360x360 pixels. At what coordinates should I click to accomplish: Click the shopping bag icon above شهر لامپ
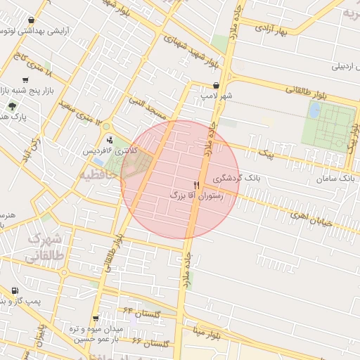pyautogui.click(x=224, y=84)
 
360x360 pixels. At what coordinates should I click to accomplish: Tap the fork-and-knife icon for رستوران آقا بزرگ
pyautogui.click(x=196, y=185)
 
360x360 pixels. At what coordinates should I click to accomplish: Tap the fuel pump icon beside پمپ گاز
pyautogui.click(x=15, y=290)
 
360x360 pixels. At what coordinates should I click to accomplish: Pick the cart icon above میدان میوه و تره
pyautogui.click(x=96, y=319)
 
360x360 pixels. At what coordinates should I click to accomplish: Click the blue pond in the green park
pyautogui.click(x=314, y=110)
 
